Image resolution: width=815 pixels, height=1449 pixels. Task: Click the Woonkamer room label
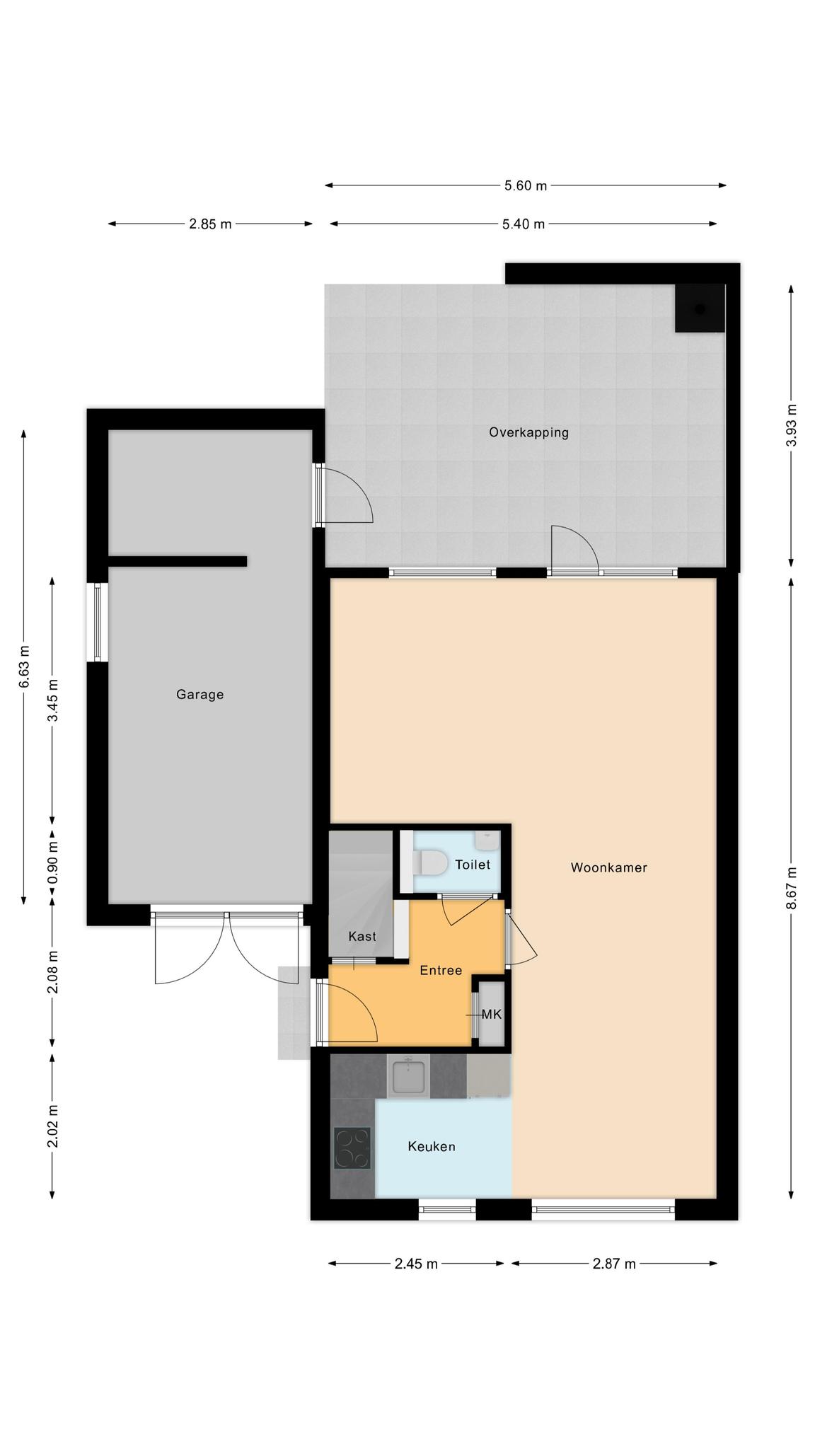click(x=608, y=867)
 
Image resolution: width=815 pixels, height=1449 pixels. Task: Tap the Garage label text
click(x=200, y=695)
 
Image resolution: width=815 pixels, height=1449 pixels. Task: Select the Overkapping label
click(x=529, y=432)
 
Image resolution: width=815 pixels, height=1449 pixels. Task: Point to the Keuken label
click(x=432, y=1146)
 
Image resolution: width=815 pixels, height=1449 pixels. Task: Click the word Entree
click(x=441, y=970)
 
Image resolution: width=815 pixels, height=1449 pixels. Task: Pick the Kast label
click(x=362, y=936)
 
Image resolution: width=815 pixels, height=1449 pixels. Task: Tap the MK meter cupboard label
click(x=492, y=1015)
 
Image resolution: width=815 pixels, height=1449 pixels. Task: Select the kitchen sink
click(x=408, y=1076)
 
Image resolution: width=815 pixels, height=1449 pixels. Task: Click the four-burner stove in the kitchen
click(x=352, y=1148)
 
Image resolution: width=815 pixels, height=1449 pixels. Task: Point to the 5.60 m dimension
click(x=526, y=186)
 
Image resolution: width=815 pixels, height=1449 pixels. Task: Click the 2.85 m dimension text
click(x=210, y=224)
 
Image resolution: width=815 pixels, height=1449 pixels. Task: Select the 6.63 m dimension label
click(x=24, y=666)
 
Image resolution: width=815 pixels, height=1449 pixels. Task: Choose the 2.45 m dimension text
click(x=416, y=1264)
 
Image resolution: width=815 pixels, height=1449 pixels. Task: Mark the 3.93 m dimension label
click(x=791, y=425)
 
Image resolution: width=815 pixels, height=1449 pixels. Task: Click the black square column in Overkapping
click(x=700, y=308)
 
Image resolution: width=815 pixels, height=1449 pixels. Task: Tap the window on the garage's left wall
click(x=98, y=622)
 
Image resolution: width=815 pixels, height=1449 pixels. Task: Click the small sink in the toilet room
click(x=487, y=840)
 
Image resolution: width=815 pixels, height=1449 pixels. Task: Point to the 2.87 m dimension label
click(x=614, y=1264)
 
